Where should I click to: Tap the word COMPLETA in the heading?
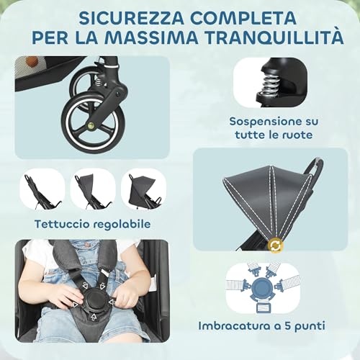point(238,15)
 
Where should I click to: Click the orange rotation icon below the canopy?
point(274,246)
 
